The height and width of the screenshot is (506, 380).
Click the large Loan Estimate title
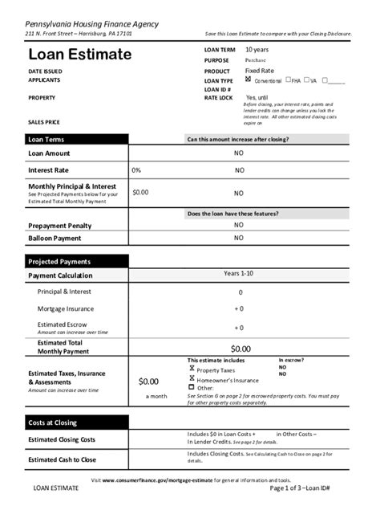79,55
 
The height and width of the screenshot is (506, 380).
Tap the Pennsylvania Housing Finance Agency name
91,24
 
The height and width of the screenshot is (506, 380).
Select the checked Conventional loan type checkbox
249,80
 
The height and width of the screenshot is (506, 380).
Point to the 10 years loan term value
257,50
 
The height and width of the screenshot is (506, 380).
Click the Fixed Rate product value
259,71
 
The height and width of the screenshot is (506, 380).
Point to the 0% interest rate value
136,170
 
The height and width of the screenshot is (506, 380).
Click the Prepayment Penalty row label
60,226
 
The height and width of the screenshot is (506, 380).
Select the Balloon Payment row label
55,239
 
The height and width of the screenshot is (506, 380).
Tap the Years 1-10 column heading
239,274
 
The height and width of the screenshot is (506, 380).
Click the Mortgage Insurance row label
66,308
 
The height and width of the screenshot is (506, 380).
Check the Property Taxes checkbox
192,368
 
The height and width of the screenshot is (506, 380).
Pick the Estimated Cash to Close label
62,459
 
